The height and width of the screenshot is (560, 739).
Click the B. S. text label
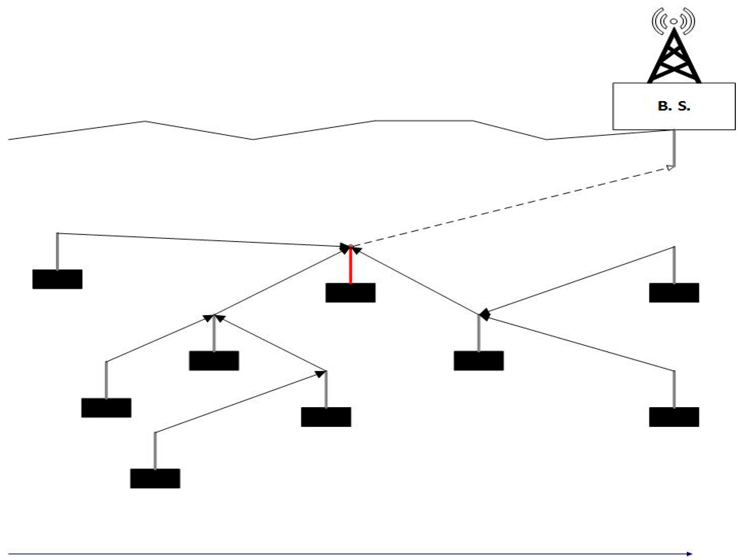(x=674, y=106)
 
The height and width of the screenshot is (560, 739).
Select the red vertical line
(x=350, y=265)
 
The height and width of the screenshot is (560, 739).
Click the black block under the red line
(x=350, y=293)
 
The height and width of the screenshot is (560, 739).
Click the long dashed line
(x=511, y=207)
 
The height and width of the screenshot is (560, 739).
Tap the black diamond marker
(x=484, y=315)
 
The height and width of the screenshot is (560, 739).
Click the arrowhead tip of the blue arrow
(x=690, y=554)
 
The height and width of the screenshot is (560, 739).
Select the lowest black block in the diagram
(x=155, y=478)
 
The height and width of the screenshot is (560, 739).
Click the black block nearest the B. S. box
(x=674, y=293)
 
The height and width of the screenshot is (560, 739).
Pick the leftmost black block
(x=57, y=279)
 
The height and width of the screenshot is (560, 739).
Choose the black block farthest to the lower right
(x=674, y=417)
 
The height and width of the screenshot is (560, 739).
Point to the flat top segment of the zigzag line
(x=424, y=121)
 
